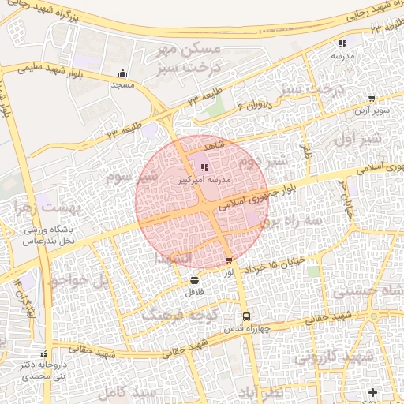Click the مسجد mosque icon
pos(123,72)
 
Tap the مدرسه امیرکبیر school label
pos(204,181)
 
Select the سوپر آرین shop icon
pos(372,99)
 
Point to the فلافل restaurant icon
pos(194,280)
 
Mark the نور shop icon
pos(229,260)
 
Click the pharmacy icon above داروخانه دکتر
pos(44,354)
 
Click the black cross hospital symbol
pos(372,392)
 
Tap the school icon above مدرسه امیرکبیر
pos(205,167)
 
